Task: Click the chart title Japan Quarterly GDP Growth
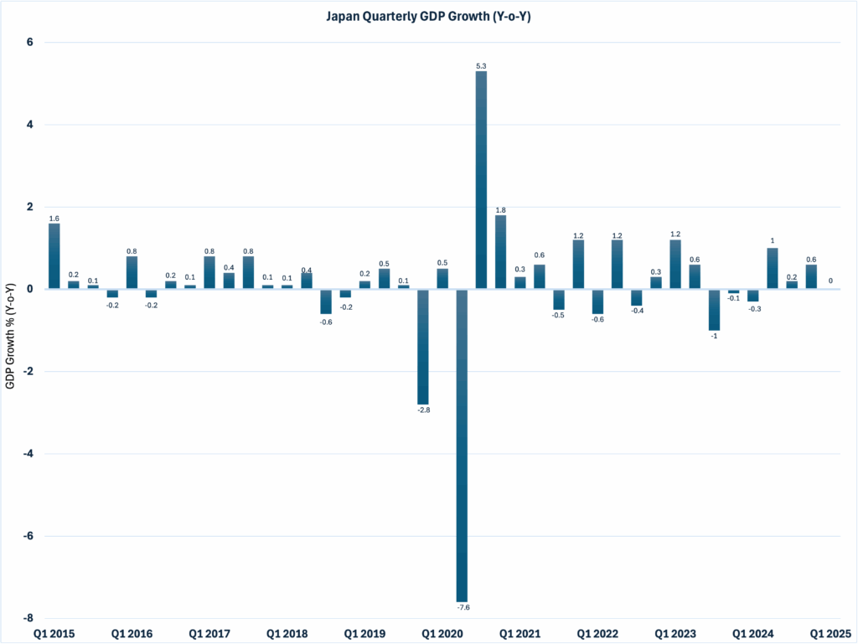coord(429,16)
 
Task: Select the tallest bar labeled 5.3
coord(481,180)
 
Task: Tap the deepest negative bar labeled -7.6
coord(462,445)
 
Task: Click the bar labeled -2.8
coord(423,347)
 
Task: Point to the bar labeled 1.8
coord(500,252)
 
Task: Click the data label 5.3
coord(481,65)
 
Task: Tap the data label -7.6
coord(462,607)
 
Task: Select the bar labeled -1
coord(714,310)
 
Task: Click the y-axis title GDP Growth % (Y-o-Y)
coord(11,334)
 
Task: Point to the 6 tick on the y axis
coord(30,43)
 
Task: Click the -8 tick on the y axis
coord(28,618)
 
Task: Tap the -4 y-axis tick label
coord(28,454)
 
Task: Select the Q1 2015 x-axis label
coord(54,634)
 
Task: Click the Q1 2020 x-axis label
coord(442,634)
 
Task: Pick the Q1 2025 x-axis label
coord(830,634)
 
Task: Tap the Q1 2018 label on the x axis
coord(287,634)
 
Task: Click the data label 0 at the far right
coord(830,281)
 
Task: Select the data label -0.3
coord(752,309)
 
